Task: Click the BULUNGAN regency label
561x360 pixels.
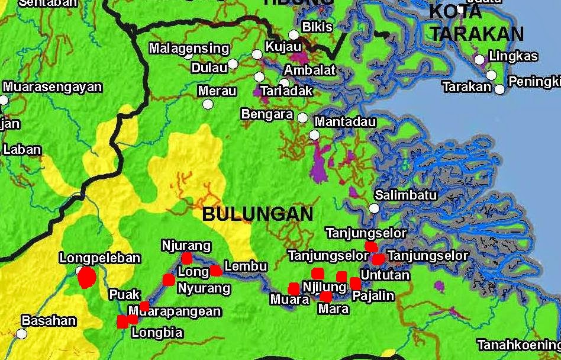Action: tap(257, 214)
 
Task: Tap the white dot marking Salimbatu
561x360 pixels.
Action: tap(374, 208)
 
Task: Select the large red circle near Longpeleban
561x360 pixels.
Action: tap(88, 277)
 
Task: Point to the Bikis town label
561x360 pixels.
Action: tap(318, 27)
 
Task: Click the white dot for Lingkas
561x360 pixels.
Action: tap(479, 59)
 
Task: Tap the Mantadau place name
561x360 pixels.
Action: tap(346, 122)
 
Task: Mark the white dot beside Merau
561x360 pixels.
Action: tap(208, 104)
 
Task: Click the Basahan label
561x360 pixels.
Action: tap(49, 321)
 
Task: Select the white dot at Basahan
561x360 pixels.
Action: tap(22, 333)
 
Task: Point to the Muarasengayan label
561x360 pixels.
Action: tap(53, 87)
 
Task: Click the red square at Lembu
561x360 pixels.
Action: tap(216, 271)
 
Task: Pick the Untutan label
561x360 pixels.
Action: tap(385, 275)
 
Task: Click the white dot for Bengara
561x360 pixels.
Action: tap(302, 117)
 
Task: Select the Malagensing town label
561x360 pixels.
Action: tap(189, 49)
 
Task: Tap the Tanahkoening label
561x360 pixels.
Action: tap(518, 345)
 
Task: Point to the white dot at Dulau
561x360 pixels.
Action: tap(233, 63)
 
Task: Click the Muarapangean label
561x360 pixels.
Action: tap(175, 311)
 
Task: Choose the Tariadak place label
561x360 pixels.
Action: tap(286, 91)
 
